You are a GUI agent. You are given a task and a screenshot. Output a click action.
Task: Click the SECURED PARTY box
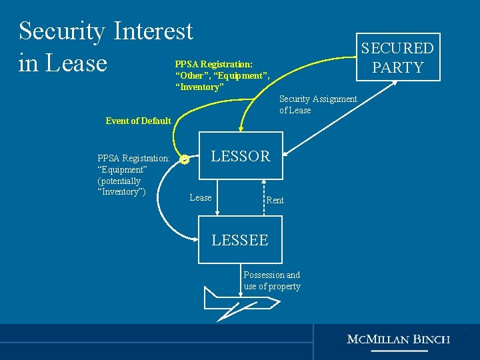click(x=397, y=57)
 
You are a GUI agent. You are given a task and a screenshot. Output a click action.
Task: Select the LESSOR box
click(x=240, y=156)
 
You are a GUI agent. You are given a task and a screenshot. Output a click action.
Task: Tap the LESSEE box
click(x=240, y=240)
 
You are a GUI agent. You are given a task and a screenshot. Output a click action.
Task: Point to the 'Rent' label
click(x=275, y=200)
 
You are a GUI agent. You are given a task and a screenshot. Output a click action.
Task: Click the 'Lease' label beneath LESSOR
click(x=200, y=197)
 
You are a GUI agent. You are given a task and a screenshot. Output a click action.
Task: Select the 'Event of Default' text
click(x=138, y=121)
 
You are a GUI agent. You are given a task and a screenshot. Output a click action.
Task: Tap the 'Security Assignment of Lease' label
click(x=317, y=105)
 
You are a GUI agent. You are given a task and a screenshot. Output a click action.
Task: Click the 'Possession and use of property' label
click(x=271, y=281)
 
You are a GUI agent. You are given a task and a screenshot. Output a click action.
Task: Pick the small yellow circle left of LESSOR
click(x=185, y=159)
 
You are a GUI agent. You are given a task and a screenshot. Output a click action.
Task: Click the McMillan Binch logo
click(x=398, y=339)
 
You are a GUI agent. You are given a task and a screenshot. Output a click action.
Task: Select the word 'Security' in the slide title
click(x=61, y=31)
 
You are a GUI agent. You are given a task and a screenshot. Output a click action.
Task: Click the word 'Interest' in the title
click(x=153, y=31)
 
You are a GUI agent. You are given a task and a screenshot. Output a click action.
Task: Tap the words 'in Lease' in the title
click(x=63, y=63)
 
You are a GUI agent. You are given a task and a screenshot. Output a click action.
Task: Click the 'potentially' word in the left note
click(x=119, y=181)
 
